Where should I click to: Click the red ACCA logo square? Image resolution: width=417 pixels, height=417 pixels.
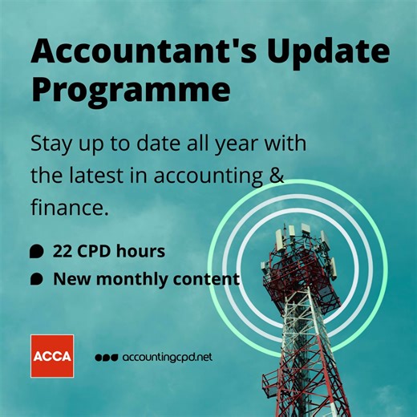click(x=52, y=355)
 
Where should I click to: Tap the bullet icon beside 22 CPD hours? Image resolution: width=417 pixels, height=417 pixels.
click(x=36, y=252)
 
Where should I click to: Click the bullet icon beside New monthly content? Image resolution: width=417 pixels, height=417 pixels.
click(x=36, y=280)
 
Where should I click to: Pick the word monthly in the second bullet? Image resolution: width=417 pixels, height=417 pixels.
click(x=132, y=280)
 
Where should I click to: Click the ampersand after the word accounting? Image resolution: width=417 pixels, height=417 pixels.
click(x=277, y=174)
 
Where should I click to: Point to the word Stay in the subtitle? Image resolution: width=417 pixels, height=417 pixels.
click(x=51, y=146)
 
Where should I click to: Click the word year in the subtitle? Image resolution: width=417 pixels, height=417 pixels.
click(x=249, y=146)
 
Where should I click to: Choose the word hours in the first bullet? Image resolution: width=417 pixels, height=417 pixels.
click(x=141, y=251)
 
